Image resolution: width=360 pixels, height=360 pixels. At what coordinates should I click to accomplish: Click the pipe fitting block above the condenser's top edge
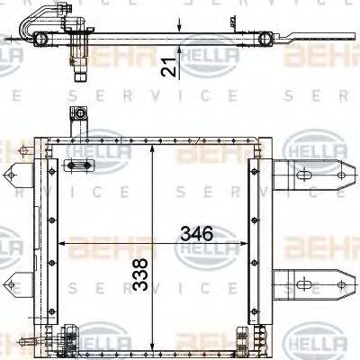(78, 116)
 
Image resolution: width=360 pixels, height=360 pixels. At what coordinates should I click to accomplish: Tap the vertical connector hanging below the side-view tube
(78, 61)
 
